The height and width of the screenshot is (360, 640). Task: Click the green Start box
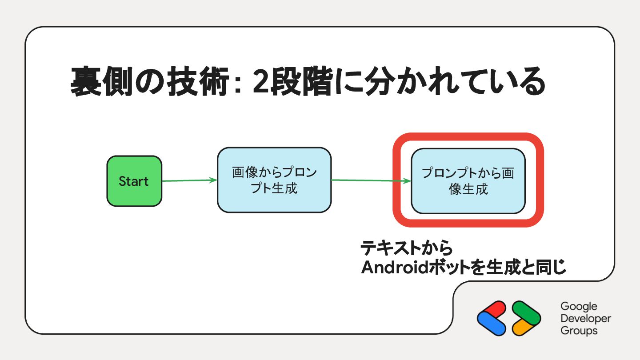134,181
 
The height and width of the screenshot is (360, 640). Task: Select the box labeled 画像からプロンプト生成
274,180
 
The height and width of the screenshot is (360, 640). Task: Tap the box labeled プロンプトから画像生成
468,181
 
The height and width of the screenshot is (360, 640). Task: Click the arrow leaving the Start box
189,180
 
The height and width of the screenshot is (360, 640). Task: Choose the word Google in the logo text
579,307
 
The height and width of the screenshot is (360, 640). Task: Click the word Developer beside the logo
586,319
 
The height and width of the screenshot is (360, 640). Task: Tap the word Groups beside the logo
579,331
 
